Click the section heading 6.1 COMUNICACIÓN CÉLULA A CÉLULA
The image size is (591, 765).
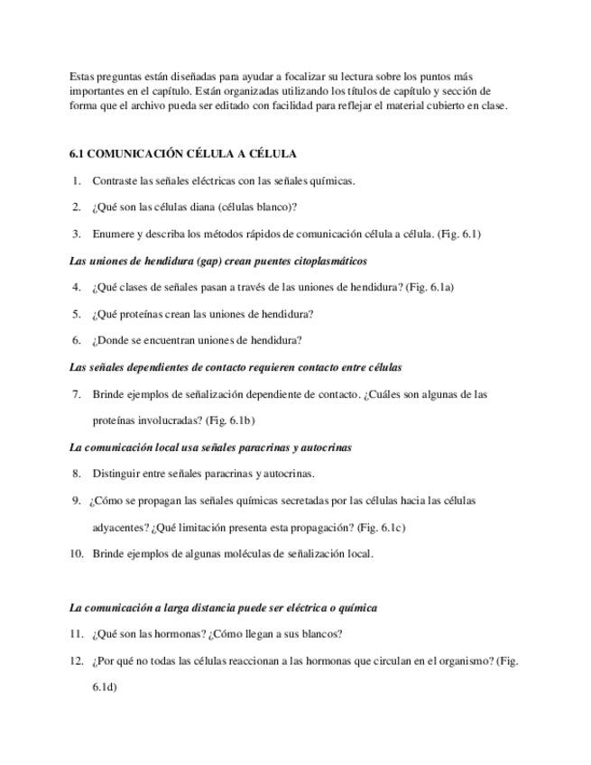coord(182,154)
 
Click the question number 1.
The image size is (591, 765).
coord(77,180)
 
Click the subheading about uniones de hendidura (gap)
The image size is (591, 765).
coord(217,261)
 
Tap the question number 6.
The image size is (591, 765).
coord(77,341)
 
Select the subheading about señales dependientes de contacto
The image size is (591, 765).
coord(235,368)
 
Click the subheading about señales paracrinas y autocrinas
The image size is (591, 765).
coord(210,447)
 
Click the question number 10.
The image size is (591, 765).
coord(76,554)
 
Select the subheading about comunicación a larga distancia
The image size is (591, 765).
coord(223,608)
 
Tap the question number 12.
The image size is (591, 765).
coord(76,661)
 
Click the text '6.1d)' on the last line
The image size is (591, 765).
coord(105,687)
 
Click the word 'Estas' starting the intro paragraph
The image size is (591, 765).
coord(82,77)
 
